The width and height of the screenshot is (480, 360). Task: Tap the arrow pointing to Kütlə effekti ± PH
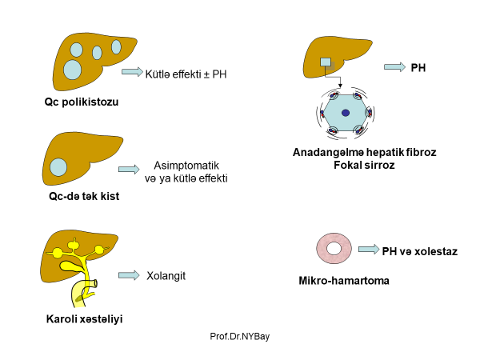[x=131, y=72]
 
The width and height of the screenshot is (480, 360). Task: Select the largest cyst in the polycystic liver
[x=73, y=69]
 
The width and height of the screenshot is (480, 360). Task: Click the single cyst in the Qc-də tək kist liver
[x=58, y=167]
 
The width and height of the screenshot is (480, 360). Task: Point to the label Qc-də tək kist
[x=78, y=195]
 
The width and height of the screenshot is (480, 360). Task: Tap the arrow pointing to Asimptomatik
[x=128, y=170]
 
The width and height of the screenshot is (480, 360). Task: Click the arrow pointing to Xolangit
[x=128, y=275]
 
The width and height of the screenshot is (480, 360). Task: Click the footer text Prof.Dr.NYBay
[x=239, y=338]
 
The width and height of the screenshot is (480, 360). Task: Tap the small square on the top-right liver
[x=325, y=62]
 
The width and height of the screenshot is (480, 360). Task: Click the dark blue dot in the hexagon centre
[x=346, y=113]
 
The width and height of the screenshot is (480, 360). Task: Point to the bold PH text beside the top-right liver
[x=418, y=68]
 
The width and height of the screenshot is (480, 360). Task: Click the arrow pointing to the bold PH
[x=394, y=67]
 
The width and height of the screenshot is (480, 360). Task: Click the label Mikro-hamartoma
[x=338, y=281]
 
